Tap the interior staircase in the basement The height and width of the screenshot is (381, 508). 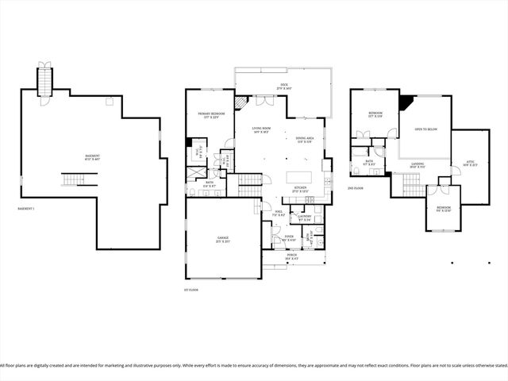pos(72,181)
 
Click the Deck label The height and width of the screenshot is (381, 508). pos(283,87)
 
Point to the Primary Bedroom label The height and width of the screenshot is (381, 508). pos(211,116)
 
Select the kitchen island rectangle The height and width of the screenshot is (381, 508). pos(301,176)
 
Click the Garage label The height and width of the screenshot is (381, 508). pos(222,239)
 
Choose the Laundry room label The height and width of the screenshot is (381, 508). pos(304,217)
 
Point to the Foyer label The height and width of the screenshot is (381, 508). pos(288,237)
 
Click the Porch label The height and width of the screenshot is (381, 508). pos(292,257)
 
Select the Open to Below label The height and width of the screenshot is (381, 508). pos(426,129)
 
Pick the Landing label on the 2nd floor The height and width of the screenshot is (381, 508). pos(418,165)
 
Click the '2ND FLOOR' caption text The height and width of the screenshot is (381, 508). pos(356,188)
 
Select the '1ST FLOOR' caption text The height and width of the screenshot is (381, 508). pos(191,290)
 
